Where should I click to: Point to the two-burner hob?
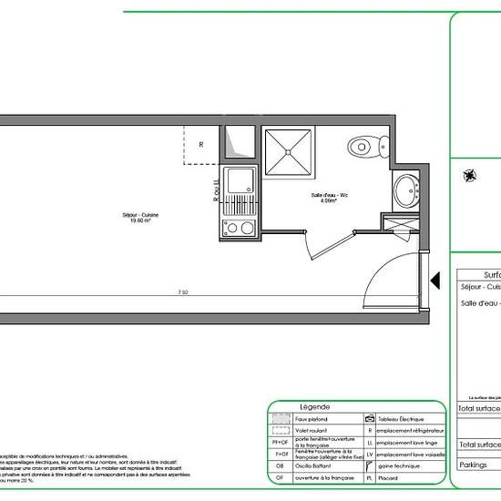pyautogui.click(x=239, y=227)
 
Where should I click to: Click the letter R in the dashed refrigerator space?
pyautogui.click(x=201, y=144)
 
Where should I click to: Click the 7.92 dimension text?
pyautogui.click(x=183, y=293)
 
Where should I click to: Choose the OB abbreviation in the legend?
pyautogui.click(x=280, y=465)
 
